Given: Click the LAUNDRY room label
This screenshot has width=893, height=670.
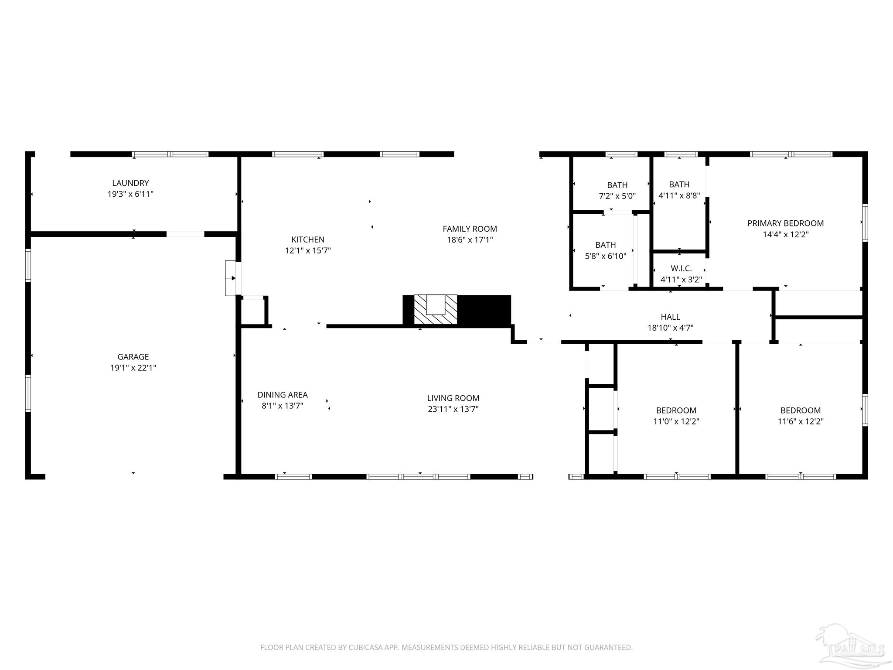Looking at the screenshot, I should pos(130,183).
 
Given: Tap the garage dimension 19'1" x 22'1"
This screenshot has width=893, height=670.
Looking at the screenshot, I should pos(133,368).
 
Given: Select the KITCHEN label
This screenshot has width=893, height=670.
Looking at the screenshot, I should pos(308,239).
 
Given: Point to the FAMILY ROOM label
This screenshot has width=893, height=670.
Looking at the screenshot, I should pos(470,229).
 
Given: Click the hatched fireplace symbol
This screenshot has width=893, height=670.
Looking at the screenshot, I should pos(435,309).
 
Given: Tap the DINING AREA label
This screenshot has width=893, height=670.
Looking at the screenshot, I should pos(283,395).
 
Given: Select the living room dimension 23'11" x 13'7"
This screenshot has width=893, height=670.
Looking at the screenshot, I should pos(453,409).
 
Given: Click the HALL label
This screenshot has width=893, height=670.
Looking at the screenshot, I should pos(670,317).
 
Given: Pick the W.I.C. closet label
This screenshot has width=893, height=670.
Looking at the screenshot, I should pos(681,268).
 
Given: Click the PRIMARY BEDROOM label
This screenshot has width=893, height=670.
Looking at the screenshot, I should pos(785,223).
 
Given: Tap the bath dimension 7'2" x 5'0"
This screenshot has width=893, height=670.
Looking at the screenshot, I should pos(617,196).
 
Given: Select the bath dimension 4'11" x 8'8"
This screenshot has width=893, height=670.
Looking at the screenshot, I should pos(679,196).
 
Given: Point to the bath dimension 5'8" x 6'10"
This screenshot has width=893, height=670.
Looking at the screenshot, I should pos(605,256).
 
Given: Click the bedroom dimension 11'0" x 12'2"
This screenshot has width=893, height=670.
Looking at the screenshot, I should pos(676,421).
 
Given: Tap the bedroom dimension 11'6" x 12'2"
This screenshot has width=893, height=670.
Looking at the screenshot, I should pos(800,421).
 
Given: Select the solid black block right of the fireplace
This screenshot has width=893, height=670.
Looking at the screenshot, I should pos(484,311).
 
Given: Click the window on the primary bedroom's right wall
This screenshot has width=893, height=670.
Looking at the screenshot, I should pos(865,222).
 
